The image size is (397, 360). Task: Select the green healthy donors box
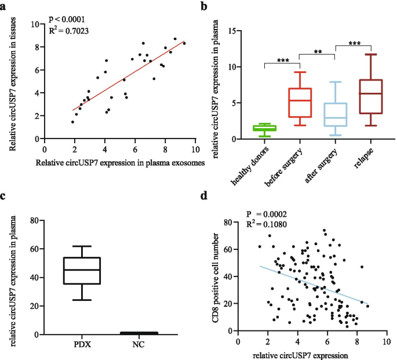(x=264, y=128)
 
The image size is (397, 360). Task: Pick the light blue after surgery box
(x=336, y=114)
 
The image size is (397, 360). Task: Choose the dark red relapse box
(x=371, y=96)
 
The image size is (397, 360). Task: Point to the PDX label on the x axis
(x=82, y=346)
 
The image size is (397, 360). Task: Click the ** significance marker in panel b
(x=318, y=50)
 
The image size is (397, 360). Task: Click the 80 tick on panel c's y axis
(x=35, y=220)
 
